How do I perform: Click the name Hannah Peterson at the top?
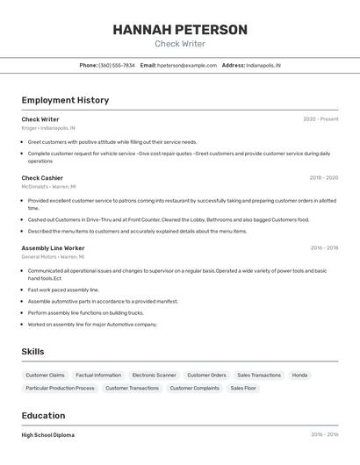pyautogui.click(x=180, y=30)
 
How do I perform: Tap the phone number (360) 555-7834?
pyautogui.click(x=117, y=65)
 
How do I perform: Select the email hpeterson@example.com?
pyautogui.click(x=187, y=65)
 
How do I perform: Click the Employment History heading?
pyautogui.click(x=65, y=100)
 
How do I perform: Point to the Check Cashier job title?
pyautogui.click(x=42, y=177)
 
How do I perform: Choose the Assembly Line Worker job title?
pyautogui.click(x=53, y=248)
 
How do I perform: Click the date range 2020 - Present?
pyautogui.click(x=320, y=119)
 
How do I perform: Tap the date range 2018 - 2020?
pyautogui.click(x=323, y=177)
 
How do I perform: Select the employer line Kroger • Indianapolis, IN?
pyautogui.click(x=48, y=128)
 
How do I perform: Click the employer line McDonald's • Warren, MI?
pyautogui.click(x=49, y=186)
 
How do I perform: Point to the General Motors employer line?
pyautogui.click(x=53, y=257)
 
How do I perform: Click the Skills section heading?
pyautogui.click(x=32, y=352)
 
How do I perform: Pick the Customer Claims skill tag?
pyautogui.click(x=45, y=376)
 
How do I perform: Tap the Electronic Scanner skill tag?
pyautogui.click(x=154, y=376)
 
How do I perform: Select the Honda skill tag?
pyautogui.click(x=299, y=376)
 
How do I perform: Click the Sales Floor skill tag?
pyautogui.click(x=243, y=388)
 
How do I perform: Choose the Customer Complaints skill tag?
pyautogui.click(x=194, y=388)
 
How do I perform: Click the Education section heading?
pyautogui.click(x=43, y=416)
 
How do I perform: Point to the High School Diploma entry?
pyautogui.click(x=48, y=435)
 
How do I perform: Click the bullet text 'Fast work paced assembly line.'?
pyautogui.click(x=63, y=290)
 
